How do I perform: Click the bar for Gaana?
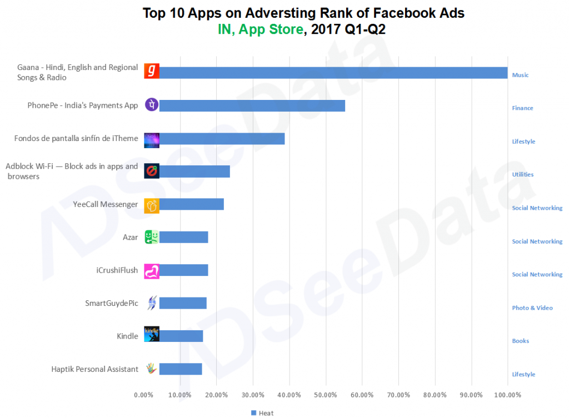(x=333, y=73)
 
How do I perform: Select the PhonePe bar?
(x=252, y=105)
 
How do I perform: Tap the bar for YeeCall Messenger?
(x=191, y=204)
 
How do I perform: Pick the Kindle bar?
(x=181, y=336)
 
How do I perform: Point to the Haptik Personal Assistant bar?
(x=180, y=369)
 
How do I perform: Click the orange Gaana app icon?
(x=152, y=72)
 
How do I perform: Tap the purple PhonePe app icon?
(x=152, y=104)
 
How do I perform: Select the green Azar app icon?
(x=152, y=237)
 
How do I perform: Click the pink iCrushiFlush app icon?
(x=152, y=270)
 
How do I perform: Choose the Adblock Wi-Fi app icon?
(x=152, y=171)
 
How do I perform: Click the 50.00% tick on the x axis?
(x=326, y=395)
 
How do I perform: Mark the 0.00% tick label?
(x=144, y=395)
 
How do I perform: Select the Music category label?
(x=520, y=75)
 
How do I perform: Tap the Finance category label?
(x=522, y=108)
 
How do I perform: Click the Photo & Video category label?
(x=532, y=308)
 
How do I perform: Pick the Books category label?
(x=520, y=341)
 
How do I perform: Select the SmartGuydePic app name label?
(x=111, y=303)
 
